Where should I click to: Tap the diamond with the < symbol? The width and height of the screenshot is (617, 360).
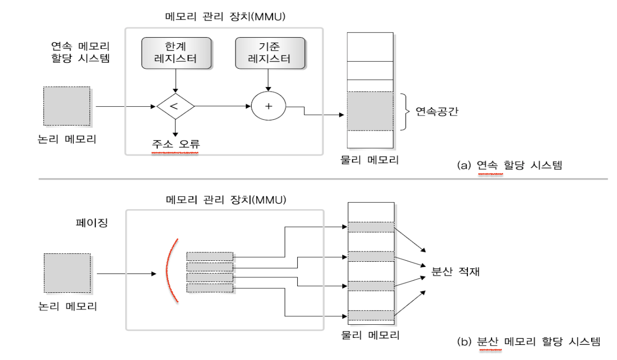click(175, 106)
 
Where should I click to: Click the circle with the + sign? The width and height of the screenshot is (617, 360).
click(269, 106)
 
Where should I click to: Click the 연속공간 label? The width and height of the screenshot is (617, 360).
click(436, 112)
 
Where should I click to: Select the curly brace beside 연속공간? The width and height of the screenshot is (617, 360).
click(404, 112)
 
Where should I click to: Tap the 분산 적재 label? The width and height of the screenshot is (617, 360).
click(455, 272)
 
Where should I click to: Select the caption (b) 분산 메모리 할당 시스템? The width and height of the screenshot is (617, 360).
click(529, 342)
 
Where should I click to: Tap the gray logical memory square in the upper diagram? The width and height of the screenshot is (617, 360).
click(67, 106)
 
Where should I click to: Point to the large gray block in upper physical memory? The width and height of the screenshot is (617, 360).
click(370, 111)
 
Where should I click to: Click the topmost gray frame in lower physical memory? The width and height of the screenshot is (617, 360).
click(371, 227)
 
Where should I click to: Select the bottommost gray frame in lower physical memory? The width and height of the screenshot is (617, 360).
click(371, 315)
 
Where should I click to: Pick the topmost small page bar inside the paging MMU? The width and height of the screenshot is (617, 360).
click(210, 257)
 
